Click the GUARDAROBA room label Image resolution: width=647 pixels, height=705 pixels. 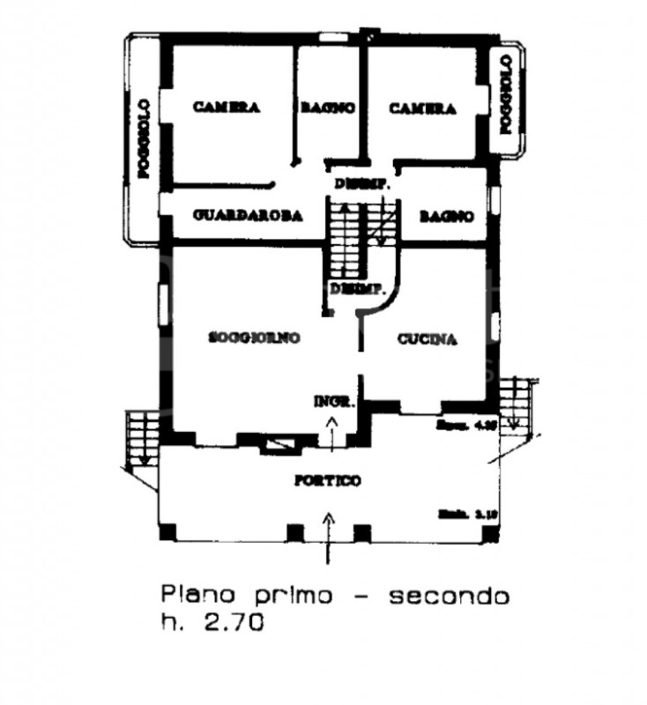coord(248,215)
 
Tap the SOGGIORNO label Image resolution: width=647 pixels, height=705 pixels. coord(255,337)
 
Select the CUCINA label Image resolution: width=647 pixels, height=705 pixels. coord(427,338)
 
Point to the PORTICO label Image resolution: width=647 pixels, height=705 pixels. coord(327,480)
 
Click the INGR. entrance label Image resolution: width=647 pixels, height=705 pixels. coord(334,402)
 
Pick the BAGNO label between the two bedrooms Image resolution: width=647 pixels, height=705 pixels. coord(328,108)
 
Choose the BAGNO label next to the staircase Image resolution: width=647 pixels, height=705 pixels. coord(447,216)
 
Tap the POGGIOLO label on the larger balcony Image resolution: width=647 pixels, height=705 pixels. coord(144,140)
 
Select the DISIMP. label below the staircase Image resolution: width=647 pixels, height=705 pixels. coord(355,289)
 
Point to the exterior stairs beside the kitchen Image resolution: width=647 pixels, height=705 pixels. coord(513,403)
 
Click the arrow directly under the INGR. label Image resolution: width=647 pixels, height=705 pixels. coord(332,433)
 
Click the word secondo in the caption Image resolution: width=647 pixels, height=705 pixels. coord(450,597)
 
